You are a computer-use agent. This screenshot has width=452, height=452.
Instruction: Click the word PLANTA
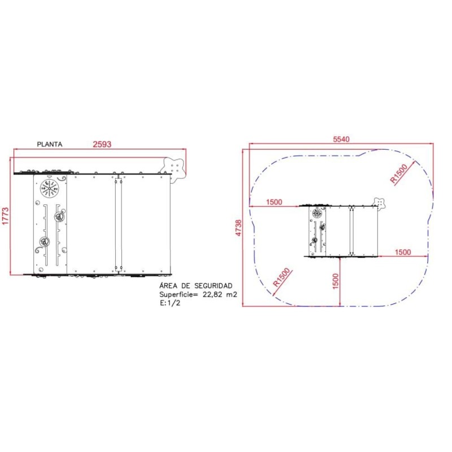pos(50,144)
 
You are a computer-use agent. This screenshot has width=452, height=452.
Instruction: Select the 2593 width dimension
pos(102,144)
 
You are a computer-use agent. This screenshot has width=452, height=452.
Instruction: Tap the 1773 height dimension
pos(6,216)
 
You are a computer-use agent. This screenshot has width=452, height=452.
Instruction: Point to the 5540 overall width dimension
pos(341,139)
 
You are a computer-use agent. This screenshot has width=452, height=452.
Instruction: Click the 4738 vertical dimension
pos(238,228)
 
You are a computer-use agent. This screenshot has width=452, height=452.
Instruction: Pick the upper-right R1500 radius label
pos(399,173)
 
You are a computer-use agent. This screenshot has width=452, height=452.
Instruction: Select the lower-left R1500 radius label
pos(281,277)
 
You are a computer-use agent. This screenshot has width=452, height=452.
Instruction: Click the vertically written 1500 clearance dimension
pos(336,281)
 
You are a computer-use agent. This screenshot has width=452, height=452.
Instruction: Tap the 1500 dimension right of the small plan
pos(402,252)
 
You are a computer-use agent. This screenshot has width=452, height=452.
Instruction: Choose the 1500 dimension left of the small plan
pos(274,202)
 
